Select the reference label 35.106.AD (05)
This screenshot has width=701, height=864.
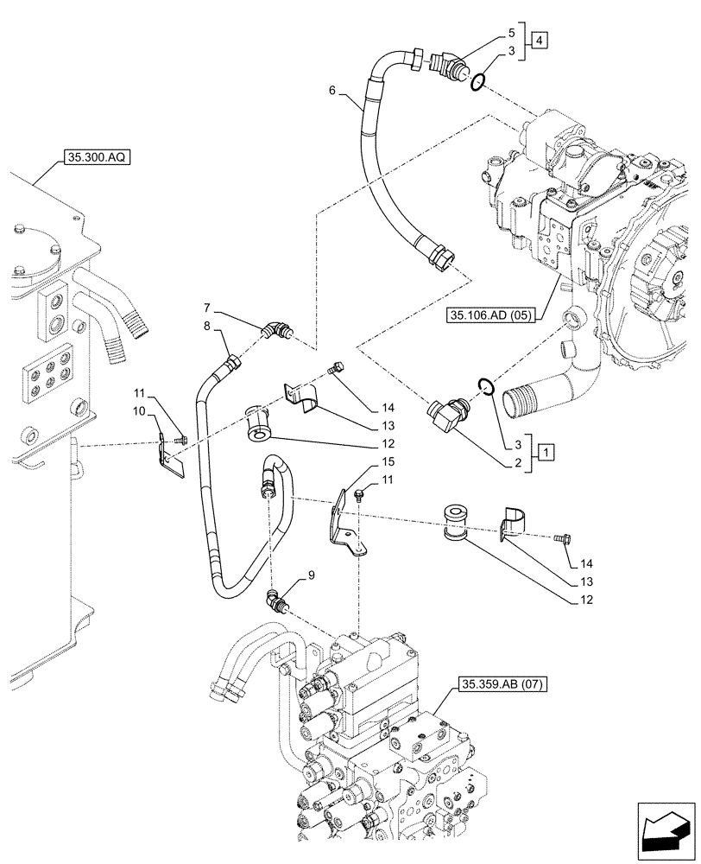point(489,317)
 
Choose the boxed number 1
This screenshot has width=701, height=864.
point(545,451)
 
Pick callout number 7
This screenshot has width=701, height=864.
point(207,308)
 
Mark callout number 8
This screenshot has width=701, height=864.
point(207,325)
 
